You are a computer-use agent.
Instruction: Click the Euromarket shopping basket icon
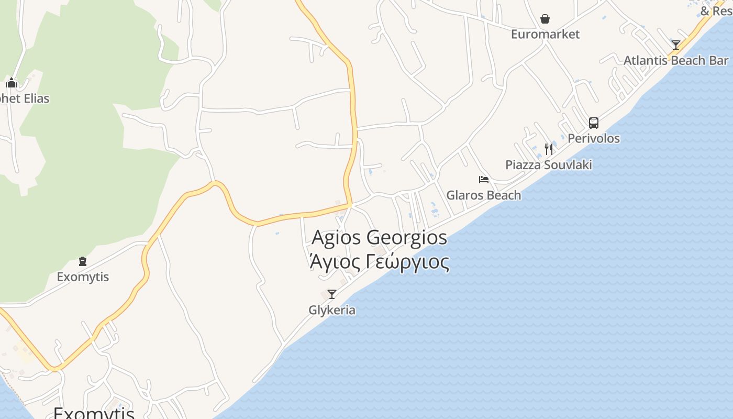pyautogui.click(x=545, y=19)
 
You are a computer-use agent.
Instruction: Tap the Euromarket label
pyautogui.click(x=545, y=35)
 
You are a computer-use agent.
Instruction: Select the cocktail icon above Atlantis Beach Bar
pyautogui.click(x=676, y=45)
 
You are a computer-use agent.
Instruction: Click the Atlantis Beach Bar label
pyautogui.click(x=675, y=60)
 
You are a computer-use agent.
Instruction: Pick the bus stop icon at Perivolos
pyautogui.click(x=593, y=123)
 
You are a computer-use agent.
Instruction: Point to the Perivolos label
pyautogui.click(x=594, y=139)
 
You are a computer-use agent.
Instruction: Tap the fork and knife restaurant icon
pyautogui.click(x=548, y=149)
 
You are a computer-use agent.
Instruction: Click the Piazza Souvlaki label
pyautogui.click(x=548, y=165)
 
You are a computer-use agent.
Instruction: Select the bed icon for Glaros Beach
pyautogui.click(x=483, y=180)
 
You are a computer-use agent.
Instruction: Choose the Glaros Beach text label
pyautogui.click(x=483, y=195)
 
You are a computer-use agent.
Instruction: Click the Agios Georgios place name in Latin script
pyautogui.click(x=379, y=237)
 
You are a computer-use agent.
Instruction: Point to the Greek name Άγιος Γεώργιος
pyautogui.click(x=379, y=261)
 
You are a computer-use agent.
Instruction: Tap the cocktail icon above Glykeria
pyautogui.click(x=331, y=294)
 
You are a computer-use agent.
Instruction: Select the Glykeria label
pyautogui.click(x=331, y=310)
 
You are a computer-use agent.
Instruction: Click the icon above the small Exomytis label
pyautogui.click(x=82, y=261)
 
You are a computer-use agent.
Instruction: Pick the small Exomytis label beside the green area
pyautogui.click(x=83, y=277)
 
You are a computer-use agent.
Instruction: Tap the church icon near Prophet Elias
pyautogui.click(x=12, y=83)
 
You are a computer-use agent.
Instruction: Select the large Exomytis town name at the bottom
pyautogui.click(x=94, y=412)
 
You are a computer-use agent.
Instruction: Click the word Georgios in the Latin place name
pyautogui.click(x=407, y=237)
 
